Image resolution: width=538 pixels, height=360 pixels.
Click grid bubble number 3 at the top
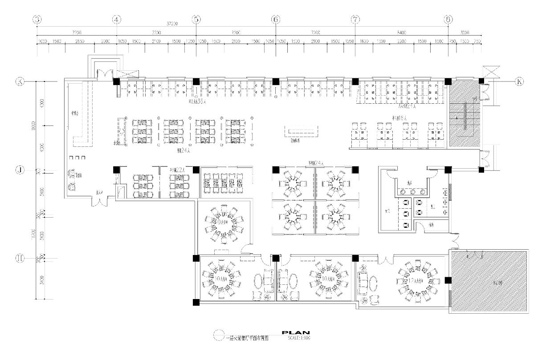[x=37, y=20]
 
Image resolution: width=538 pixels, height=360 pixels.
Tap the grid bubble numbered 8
[x=448, y=20]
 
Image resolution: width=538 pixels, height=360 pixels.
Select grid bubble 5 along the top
[x=196, y=20]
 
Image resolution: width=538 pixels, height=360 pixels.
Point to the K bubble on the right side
[x=519, y=81]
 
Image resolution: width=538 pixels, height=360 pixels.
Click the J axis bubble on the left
[x=20, y=170]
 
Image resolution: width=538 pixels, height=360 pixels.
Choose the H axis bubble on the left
[x=20, y=258]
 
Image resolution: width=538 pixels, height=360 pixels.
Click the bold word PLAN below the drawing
[x=296, y=332]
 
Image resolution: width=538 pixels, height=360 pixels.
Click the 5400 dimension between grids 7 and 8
[x=401, y=32]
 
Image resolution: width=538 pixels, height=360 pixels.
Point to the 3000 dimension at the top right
[x=465, y=32]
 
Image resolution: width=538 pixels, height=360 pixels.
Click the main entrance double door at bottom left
[x=99, y=202]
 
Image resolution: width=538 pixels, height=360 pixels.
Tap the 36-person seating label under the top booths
[x=196, y=101]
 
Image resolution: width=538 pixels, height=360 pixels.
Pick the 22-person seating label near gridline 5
[x=176, y=170]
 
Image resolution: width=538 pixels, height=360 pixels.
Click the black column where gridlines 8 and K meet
[x=448, y=81]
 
